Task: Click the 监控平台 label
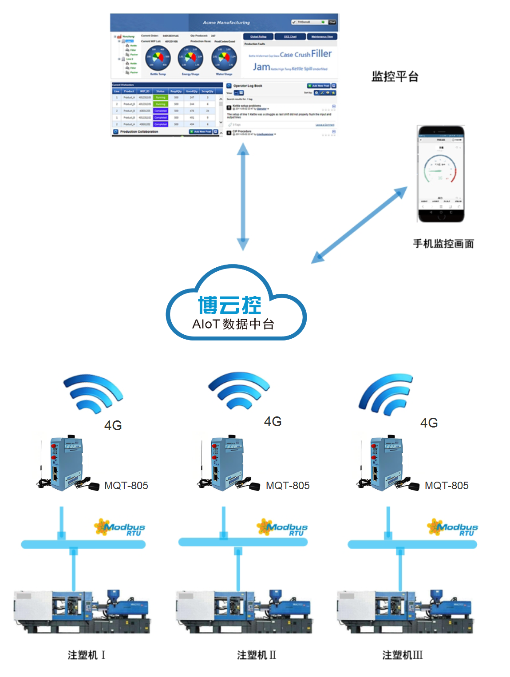395,77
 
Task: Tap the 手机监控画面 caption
443,244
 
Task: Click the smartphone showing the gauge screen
441,174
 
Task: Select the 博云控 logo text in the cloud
229,305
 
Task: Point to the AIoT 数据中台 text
233,324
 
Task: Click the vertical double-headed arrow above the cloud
243,197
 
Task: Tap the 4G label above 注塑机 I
113,425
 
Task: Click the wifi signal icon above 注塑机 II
239,390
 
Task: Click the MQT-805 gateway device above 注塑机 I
67,463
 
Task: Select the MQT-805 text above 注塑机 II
288,486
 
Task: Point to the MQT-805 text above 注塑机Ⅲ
447,486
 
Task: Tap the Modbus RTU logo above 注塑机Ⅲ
453,527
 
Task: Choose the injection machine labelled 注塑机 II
244,611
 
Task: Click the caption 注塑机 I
86,655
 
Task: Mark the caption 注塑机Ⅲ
402,655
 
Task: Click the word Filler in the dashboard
321,54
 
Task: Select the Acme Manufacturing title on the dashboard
226,22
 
